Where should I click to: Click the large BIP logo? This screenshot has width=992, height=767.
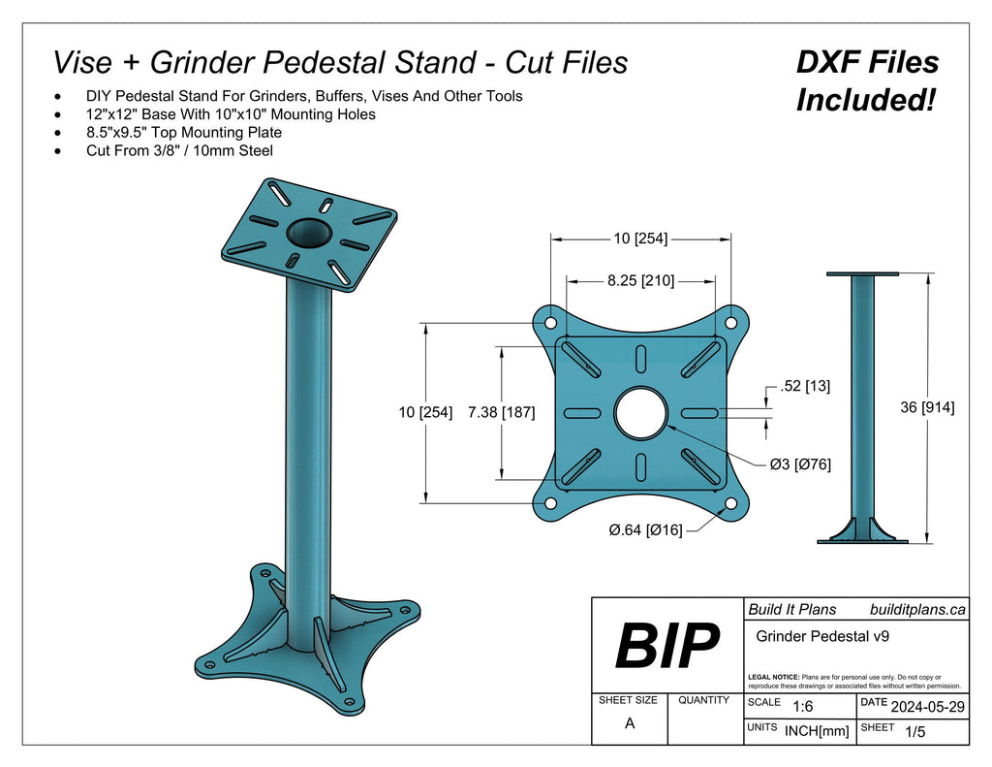point(666,645)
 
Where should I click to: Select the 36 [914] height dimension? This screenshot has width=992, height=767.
point(927,407)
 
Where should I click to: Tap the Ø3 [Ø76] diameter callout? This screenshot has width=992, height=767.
point(799,464)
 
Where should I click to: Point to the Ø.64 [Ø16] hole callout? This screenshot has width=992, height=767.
point(645,529)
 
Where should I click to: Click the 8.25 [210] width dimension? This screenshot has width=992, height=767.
point(640,280)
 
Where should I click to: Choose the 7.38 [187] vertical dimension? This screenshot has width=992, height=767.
point(501,412)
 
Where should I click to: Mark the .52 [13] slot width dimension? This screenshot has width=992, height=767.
point(803,386)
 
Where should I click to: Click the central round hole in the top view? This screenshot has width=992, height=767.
point(640,412)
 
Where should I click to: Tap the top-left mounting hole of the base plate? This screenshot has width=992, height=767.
point(549,322)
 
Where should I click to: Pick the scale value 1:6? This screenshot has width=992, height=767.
point(802,707)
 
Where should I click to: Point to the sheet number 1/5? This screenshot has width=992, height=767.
point(914,732)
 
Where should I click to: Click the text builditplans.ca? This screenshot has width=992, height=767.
point(916,609)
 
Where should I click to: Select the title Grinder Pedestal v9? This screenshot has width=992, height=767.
point(822,637)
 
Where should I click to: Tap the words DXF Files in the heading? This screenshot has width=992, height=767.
point(867,63)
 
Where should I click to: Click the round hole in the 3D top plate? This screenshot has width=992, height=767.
point(309,233)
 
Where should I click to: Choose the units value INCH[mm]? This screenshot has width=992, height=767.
point(816,731)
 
